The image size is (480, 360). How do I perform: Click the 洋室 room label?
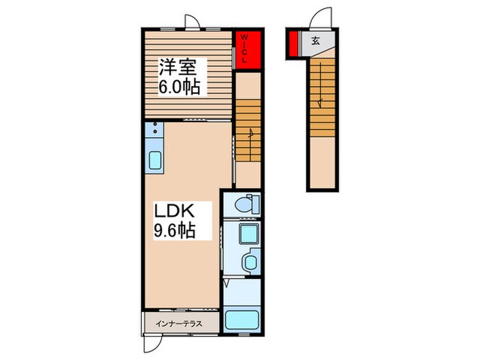tap(178, 67)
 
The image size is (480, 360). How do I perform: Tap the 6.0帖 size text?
tap(179, 87)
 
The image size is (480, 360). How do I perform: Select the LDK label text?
tap(174, 211)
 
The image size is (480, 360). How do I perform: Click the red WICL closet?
tap(248, 50)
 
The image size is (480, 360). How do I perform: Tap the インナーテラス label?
tap(179, 324)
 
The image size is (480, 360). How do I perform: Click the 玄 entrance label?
tap(315, 40)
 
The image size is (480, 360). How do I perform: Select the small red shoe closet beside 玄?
tap(293, 44)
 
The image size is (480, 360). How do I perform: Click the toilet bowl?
tap(247, 204)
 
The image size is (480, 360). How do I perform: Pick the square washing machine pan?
tap(248, 234)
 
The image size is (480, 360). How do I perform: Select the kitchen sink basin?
tap(155, 160)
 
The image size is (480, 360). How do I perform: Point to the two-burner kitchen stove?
tap(154, 129)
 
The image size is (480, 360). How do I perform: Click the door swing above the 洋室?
tap(192, 22)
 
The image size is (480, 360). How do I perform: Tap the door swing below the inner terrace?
tap(152, 344)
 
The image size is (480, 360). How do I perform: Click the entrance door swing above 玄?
tap(321, 18)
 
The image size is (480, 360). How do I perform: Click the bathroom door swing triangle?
tap(227, 283)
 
